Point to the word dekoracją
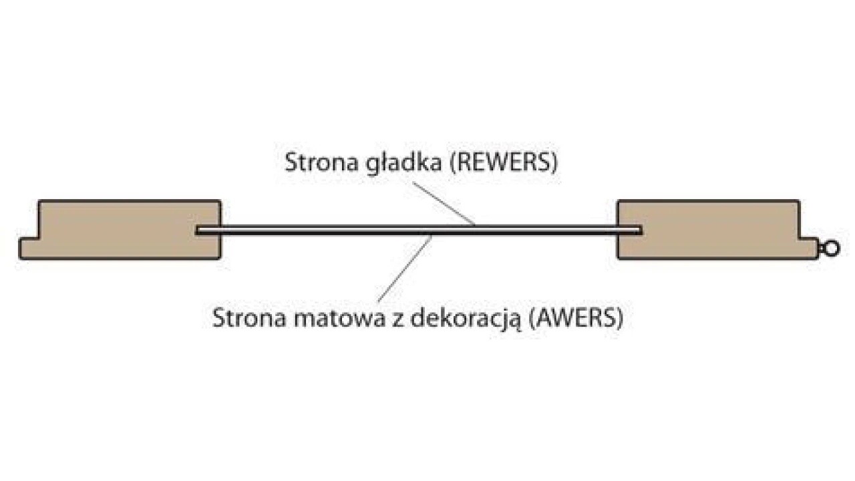tap(463, 317)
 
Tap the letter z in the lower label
tap(391, 318)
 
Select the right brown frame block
tap(708, 229)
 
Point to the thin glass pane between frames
tap(334, 230)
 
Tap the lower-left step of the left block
tap(30, 248)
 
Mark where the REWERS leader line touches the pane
tap(475, 226)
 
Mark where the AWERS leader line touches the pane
tap(433, 235)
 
